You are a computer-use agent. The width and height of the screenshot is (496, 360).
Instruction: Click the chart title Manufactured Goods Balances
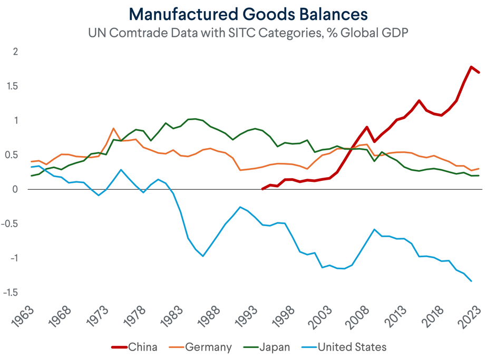(248, 13)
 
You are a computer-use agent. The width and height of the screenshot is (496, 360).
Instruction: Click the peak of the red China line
(471, 67)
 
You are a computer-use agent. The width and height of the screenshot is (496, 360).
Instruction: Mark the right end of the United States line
(471, 281)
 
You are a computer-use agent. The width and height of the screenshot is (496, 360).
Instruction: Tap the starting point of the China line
(263, 189)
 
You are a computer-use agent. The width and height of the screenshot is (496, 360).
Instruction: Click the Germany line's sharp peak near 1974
(113, 128)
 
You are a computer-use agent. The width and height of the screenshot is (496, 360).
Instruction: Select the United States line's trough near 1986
(203, 256)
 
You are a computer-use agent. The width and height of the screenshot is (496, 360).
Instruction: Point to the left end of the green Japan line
(32, 176)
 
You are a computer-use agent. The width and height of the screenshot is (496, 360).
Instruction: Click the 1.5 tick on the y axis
(13, 86)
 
